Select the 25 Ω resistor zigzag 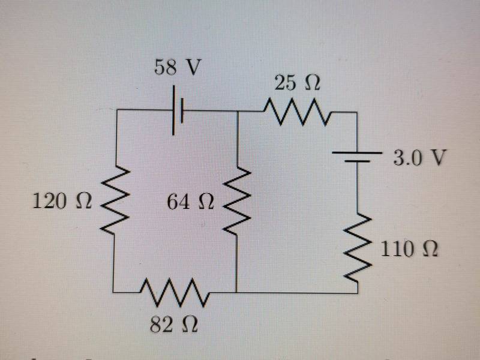pyautogui.click(x=294, y=111)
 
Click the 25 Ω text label pyautogui.click(x=296, y=83)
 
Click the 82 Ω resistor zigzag pyautogui.click(x=174, y=292)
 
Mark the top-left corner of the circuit pyautogui.click(x=115, y=111)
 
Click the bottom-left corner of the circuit pyautogui.click(x=115, y=292)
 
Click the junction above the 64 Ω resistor pyautogui.click(x=238, y=111)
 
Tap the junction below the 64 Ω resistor pyautogui.click(x=238, y=293)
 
